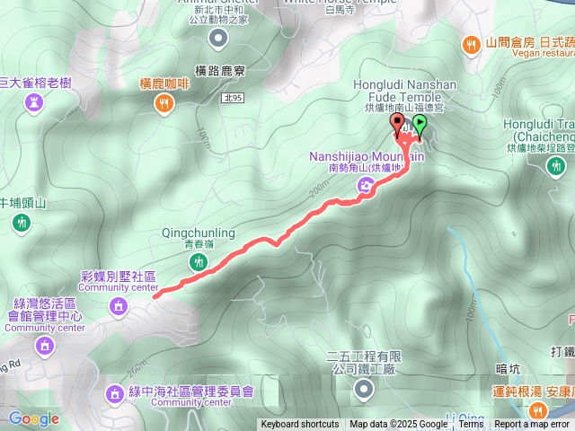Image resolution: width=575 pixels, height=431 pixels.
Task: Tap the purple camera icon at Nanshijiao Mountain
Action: point(366,186)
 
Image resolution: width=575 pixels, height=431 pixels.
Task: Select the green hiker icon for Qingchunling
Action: point(199,261)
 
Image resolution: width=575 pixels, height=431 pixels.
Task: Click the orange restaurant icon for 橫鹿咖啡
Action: point(162,103)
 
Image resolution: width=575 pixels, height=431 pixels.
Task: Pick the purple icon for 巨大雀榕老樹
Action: point(34,103)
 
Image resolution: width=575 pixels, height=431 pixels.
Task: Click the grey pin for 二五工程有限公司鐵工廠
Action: point(363,389)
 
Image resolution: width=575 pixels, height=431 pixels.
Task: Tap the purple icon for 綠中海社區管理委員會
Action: point(114,392)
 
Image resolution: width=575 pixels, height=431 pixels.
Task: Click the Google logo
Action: point(33,418)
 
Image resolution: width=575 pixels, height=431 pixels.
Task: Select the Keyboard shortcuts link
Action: point(300,425)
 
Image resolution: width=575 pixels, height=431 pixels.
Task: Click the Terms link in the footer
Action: point(471,425)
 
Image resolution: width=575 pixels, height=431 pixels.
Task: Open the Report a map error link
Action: point(532,425)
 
